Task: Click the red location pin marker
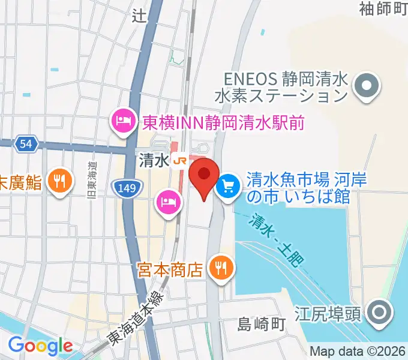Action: [x=203, y=176]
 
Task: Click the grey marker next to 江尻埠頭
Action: [x=379, y=313]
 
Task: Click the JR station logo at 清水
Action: [x=179, y=160]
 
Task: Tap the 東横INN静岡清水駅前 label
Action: [x=223, y=124]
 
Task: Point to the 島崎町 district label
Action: [x=260, y=325]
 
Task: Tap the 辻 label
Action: [x=139, y=16]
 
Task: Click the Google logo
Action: [x=40, y=345]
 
